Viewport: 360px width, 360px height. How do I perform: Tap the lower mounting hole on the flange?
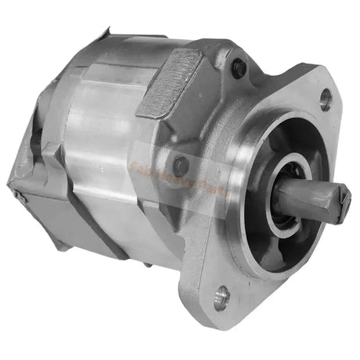(221, 295)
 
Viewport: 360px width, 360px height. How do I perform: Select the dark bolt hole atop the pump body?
(239, 68)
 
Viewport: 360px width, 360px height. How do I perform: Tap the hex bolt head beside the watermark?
(182, 165)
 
